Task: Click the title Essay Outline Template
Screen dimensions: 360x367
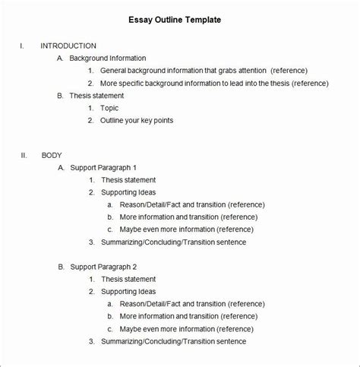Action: pos(180,20)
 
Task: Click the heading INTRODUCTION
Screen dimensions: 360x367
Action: pos(68,46)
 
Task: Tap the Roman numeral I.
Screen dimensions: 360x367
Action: pos(22,46)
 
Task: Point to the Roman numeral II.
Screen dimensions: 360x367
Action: pos(24,155)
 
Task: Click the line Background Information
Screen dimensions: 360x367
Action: pos(107,58)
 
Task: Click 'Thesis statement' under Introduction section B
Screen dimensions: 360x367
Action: pos(96,96)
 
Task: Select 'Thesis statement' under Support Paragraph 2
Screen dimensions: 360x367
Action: pos(128,280)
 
